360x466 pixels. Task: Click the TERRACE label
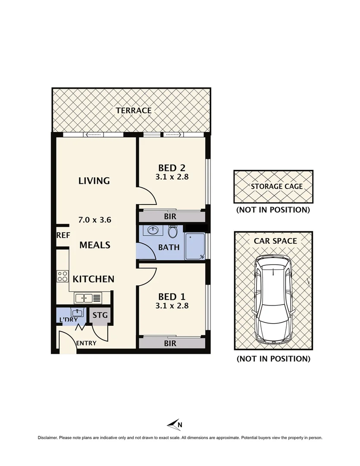(x=133, y=110)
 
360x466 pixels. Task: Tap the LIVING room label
(x=94, y=181)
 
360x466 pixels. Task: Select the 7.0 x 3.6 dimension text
(x=95, y=220)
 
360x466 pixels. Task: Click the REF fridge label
(x=63, y=236)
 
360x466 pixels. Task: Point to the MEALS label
(x=95, y=245)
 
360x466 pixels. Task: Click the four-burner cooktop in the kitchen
(x=63, y=276)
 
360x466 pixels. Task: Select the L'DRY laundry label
(x=69, y=320)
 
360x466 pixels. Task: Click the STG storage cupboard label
(x=100, y=315)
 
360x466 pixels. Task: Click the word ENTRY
(x=86, y=343)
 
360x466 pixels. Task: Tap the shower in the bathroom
(x=195, y=247)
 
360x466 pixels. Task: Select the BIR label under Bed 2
(x=170, y=217)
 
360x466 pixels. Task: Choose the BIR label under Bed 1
(x=170, y=343)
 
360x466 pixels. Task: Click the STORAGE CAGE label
(x=276, y=187)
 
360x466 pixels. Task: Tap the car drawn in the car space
(x=273, y=298)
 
